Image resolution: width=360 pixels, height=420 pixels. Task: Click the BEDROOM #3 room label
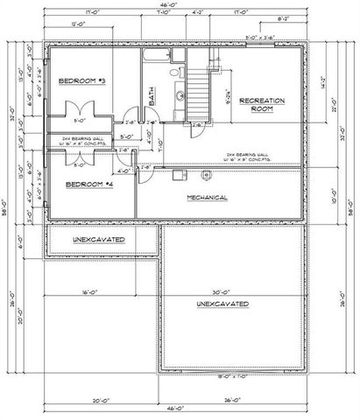[82, 80]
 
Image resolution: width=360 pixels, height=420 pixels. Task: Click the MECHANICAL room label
[208, 198]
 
